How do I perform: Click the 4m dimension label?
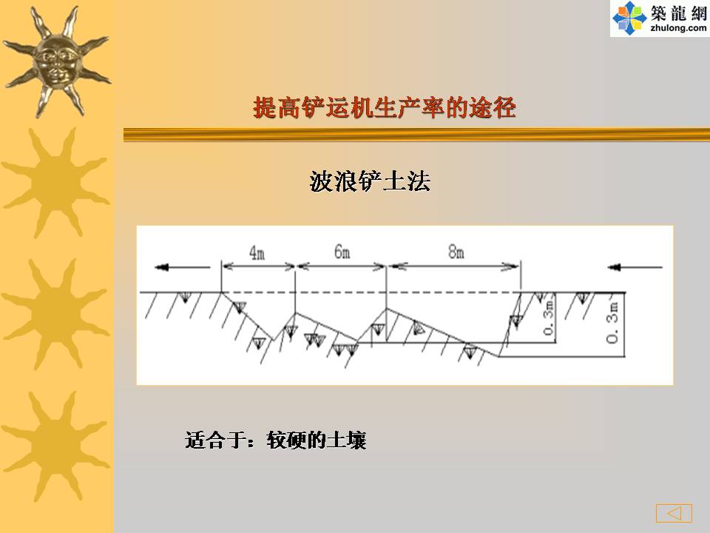pos(257,252)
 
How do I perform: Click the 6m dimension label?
pos(342,252)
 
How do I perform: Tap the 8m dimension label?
pos(456,252)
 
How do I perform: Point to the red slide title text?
pos(385,108)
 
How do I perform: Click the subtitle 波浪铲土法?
pos(370,181)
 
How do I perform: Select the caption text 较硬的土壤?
pos(317,440)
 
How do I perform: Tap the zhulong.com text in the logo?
pos(678,28)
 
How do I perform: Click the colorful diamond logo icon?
pos(629,18)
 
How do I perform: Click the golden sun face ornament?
pos(57,61)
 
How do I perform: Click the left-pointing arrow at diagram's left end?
pos(182,267)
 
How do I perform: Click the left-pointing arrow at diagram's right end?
pos(635,267)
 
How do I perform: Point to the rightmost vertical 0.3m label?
pos(612,322)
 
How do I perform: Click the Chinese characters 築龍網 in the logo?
pos(679,13)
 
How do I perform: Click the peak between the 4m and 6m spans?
pos(295,312)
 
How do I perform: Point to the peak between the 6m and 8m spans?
pos(386,309)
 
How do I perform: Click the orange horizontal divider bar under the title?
pos(416,135)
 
